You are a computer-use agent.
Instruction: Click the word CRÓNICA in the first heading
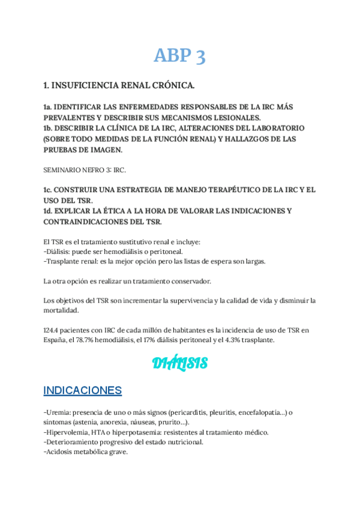click(172, 86)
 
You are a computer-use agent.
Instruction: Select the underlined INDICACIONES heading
click(83, 391)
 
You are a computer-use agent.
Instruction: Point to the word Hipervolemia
click(68, 432)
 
